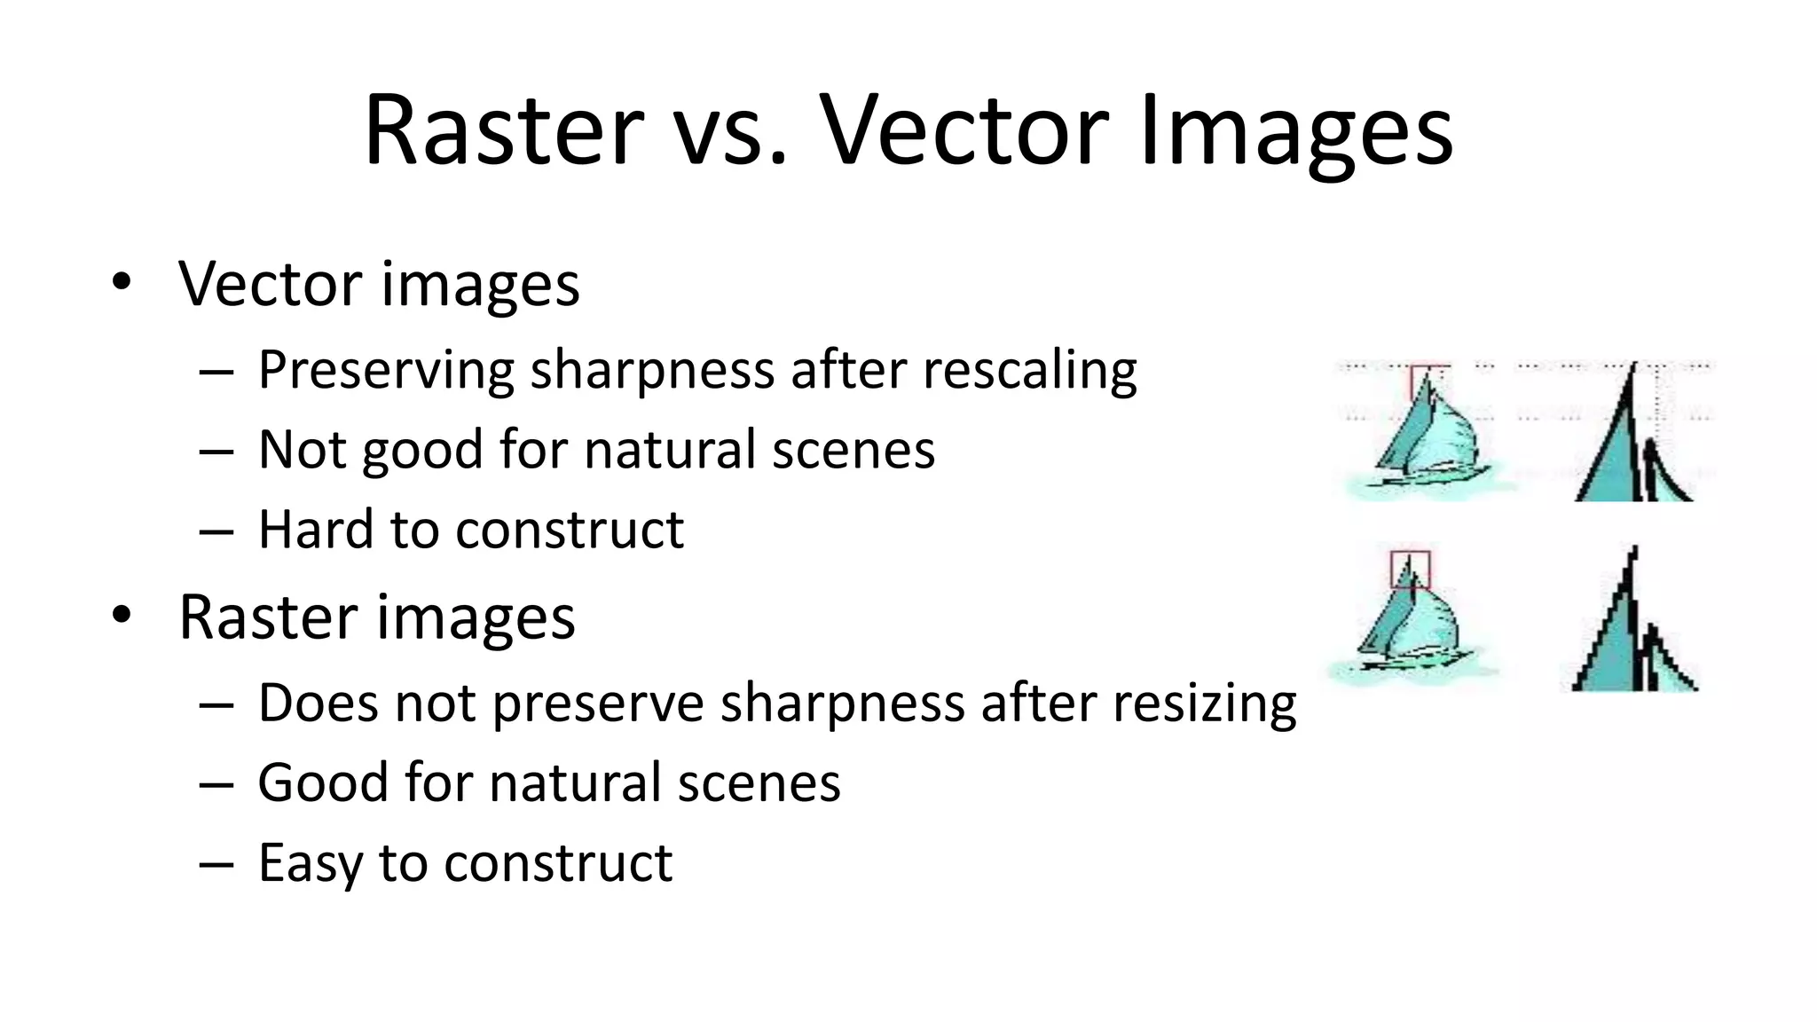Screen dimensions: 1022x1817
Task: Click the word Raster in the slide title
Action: pyautogui.click(x=503, y=130)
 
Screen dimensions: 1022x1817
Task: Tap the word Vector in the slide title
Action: pyautogui.click(x=963, y=130)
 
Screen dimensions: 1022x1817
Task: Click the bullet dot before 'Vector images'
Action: pyautogui.click(x=122, y=284)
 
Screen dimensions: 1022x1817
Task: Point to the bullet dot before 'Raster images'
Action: pyautogui.click(x=122, y=616)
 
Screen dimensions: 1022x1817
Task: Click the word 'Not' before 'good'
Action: pyautogui.click(x=302, y=450)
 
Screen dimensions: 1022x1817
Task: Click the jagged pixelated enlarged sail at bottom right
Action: pyautogui.click(x=1628, y=630)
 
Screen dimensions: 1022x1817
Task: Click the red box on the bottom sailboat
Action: pyautogui.click(x=1410, y=570)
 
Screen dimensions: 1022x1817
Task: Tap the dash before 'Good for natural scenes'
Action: pyautogui.click(x=216, y=785)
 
